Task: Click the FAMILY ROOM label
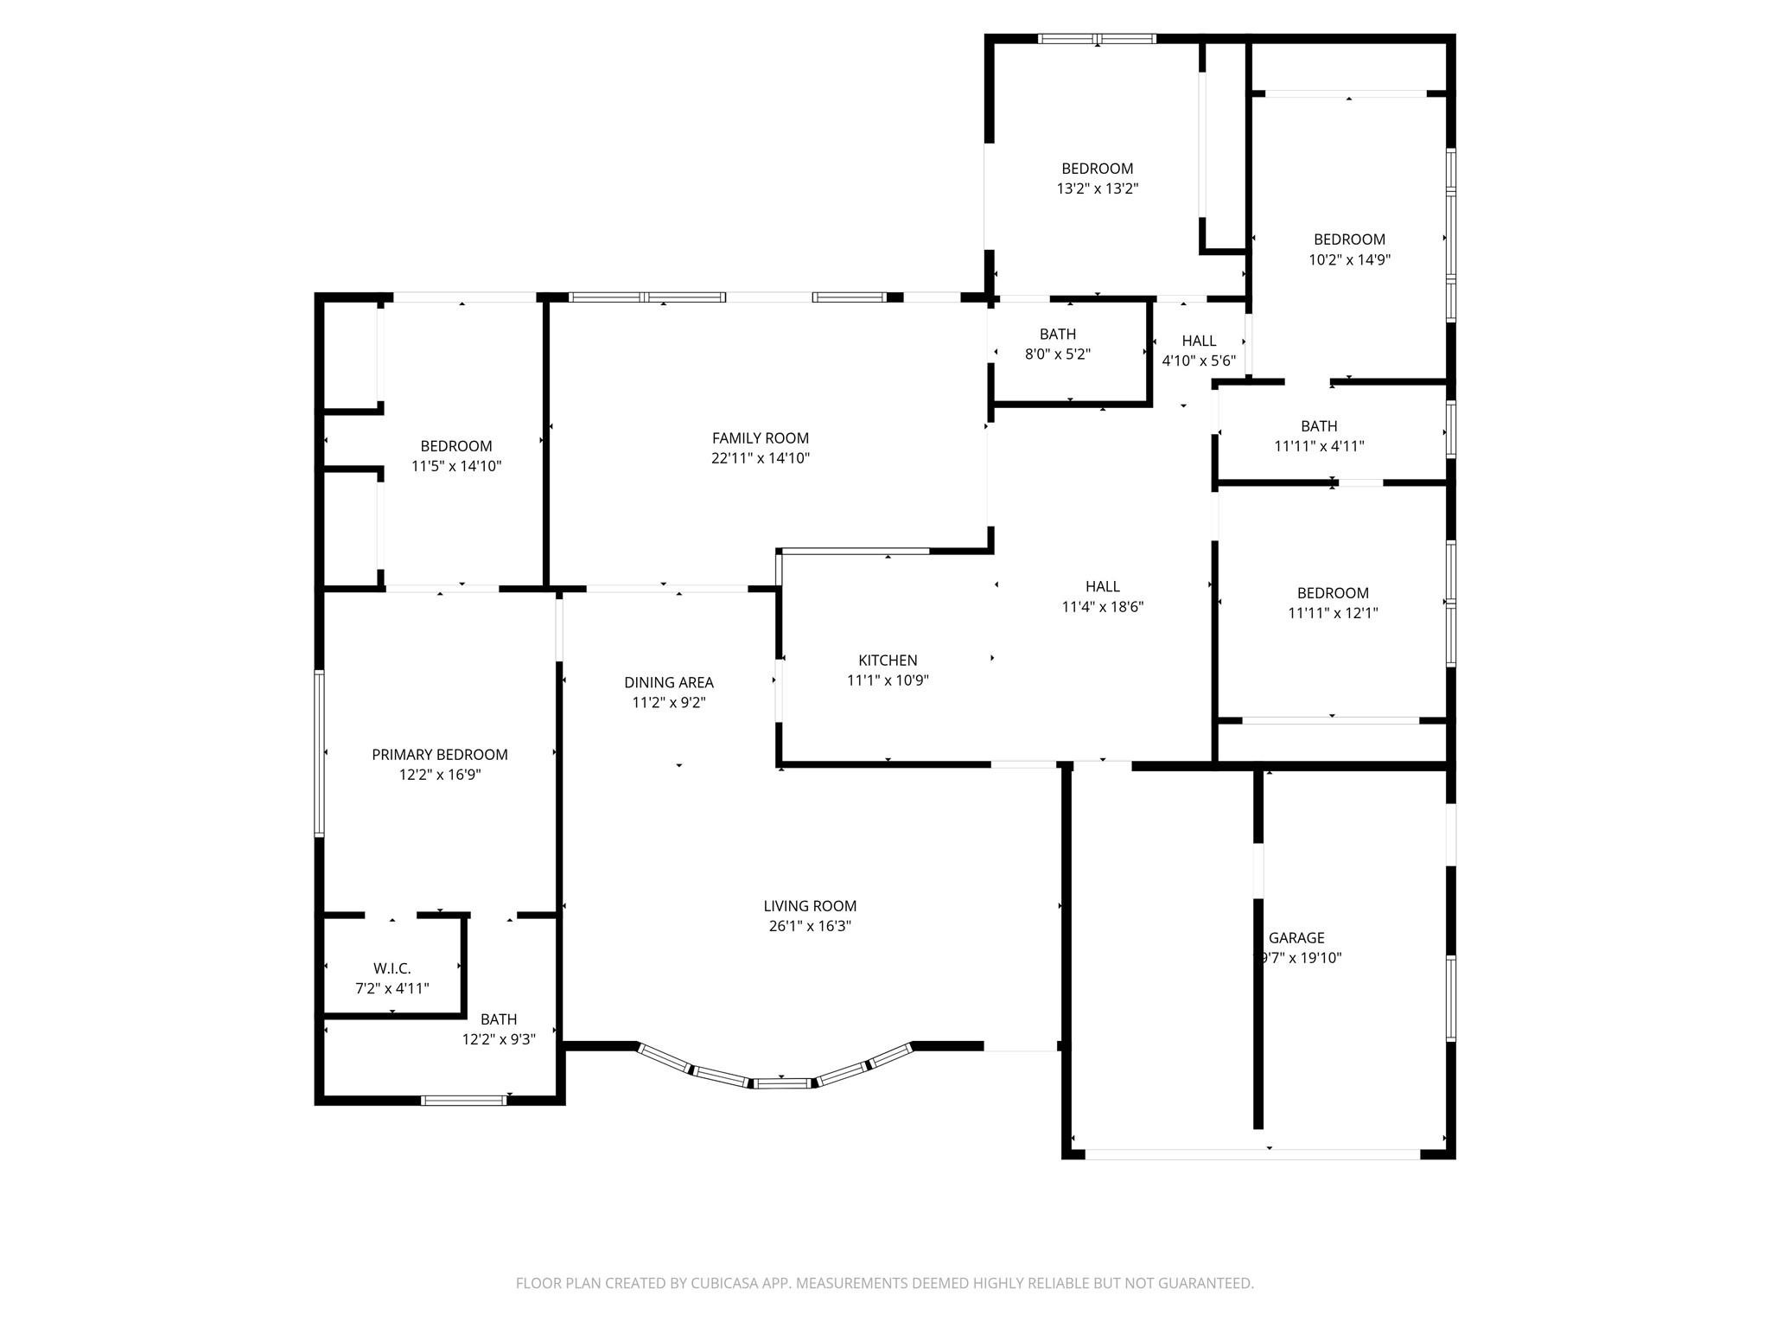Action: (x=760, y=438)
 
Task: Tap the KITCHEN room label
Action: (x=888, y=661)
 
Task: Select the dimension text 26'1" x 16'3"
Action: (x=810, y=926)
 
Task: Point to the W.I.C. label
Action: (x=392, y=968)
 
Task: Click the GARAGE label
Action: (x=1296, y=937)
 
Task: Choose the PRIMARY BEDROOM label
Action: (x=439, y=755)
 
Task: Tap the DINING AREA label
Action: (x=668, y=683)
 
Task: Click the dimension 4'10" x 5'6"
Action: (x=1199, y=361)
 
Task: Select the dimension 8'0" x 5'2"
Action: (x=1057, y=354)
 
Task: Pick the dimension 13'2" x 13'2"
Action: (x=1097, y=188)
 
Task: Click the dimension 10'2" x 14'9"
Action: (x=1349, y=259)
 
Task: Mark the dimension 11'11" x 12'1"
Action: (x=1333, y=613)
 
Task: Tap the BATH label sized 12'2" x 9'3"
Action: (x=499, y=1019)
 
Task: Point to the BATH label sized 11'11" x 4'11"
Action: (x=1319, y=426)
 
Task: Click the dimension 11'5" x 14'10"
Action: (x=456, y=466)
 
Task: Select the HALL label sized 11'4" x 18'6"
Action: (x=1103, y=586)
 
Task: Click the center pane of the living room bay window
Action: (x=781, y=1082)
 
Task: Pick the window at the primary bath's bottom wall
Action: (x=463, y=1101)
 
